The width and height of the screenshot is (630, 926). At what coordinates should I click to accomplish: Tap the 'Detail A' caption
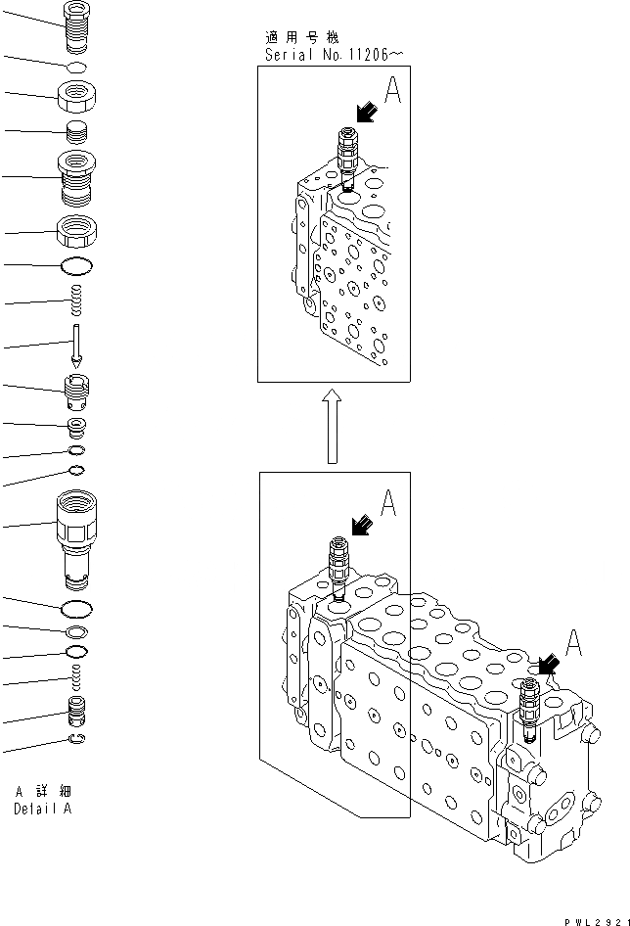coord(42,809)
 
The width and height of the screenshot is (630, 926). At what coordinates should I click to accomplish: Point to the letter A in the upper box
coord(392,94)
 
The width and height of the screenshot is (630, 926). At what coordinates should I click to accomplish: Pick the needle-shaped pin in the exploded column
coord(75,346)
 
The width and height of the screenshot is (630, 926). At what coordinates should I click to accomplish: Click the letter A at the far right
coord(573,643)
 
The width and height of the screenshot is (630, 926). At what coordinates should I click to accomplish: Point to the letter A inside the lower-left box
coord(387,504)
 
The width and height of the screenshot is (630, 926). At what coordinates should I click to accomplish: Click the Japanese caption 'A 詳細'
coord(43,791)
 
